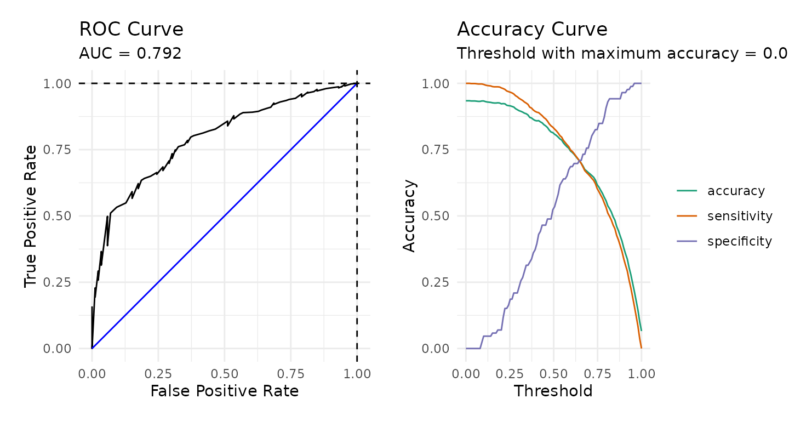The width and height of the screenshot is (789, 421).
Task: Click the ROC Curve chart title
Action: point(131,30)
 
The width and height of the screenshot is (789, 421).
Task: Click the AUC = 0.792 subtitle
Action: point(130,53)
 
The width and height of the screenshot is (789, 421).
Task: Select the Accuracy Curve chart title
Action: point(532,30)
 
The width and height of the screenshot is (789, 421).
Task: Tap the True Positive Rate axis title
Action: point(31,215)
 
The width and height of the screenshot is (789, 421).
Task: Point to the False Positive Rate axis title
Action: point(224,391)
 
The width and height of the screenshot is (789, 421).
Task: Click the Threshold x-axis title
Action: point(553,391)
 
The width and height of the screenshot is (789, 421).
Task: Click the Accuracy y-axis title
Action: point(409,215)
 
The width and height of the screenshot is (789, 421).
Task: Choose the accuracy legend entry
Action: point(736,191)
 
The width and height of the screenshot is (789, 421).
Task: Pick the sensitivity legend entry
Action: point(740,216)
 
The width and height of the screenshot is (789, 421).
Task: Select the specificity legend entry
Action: point(739,241)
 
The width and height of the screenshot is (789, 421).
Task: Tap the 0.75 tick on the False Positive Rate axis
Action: point(291,374)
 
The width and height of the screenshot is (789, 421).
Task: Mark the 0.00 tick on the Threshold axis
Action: point(466,374)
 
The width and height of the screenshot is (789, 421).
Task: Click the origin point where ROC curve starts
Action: point(92,348)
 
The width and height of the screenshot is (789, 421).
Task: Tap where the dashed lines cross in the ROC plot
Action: point(357,83)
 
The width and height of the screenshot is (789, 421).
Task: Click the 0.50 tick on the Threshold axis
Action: point(553,374)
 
